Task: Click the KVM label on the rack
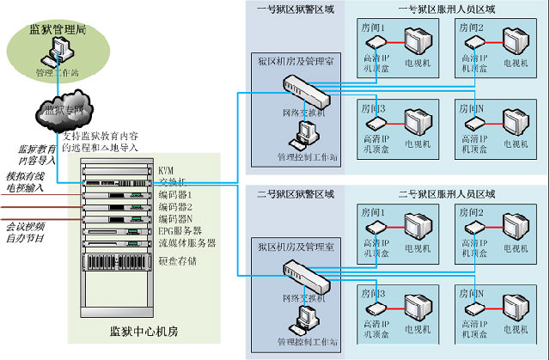[x=167, y=171]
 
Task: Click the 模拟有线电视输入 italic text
[x=26, y=180]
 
